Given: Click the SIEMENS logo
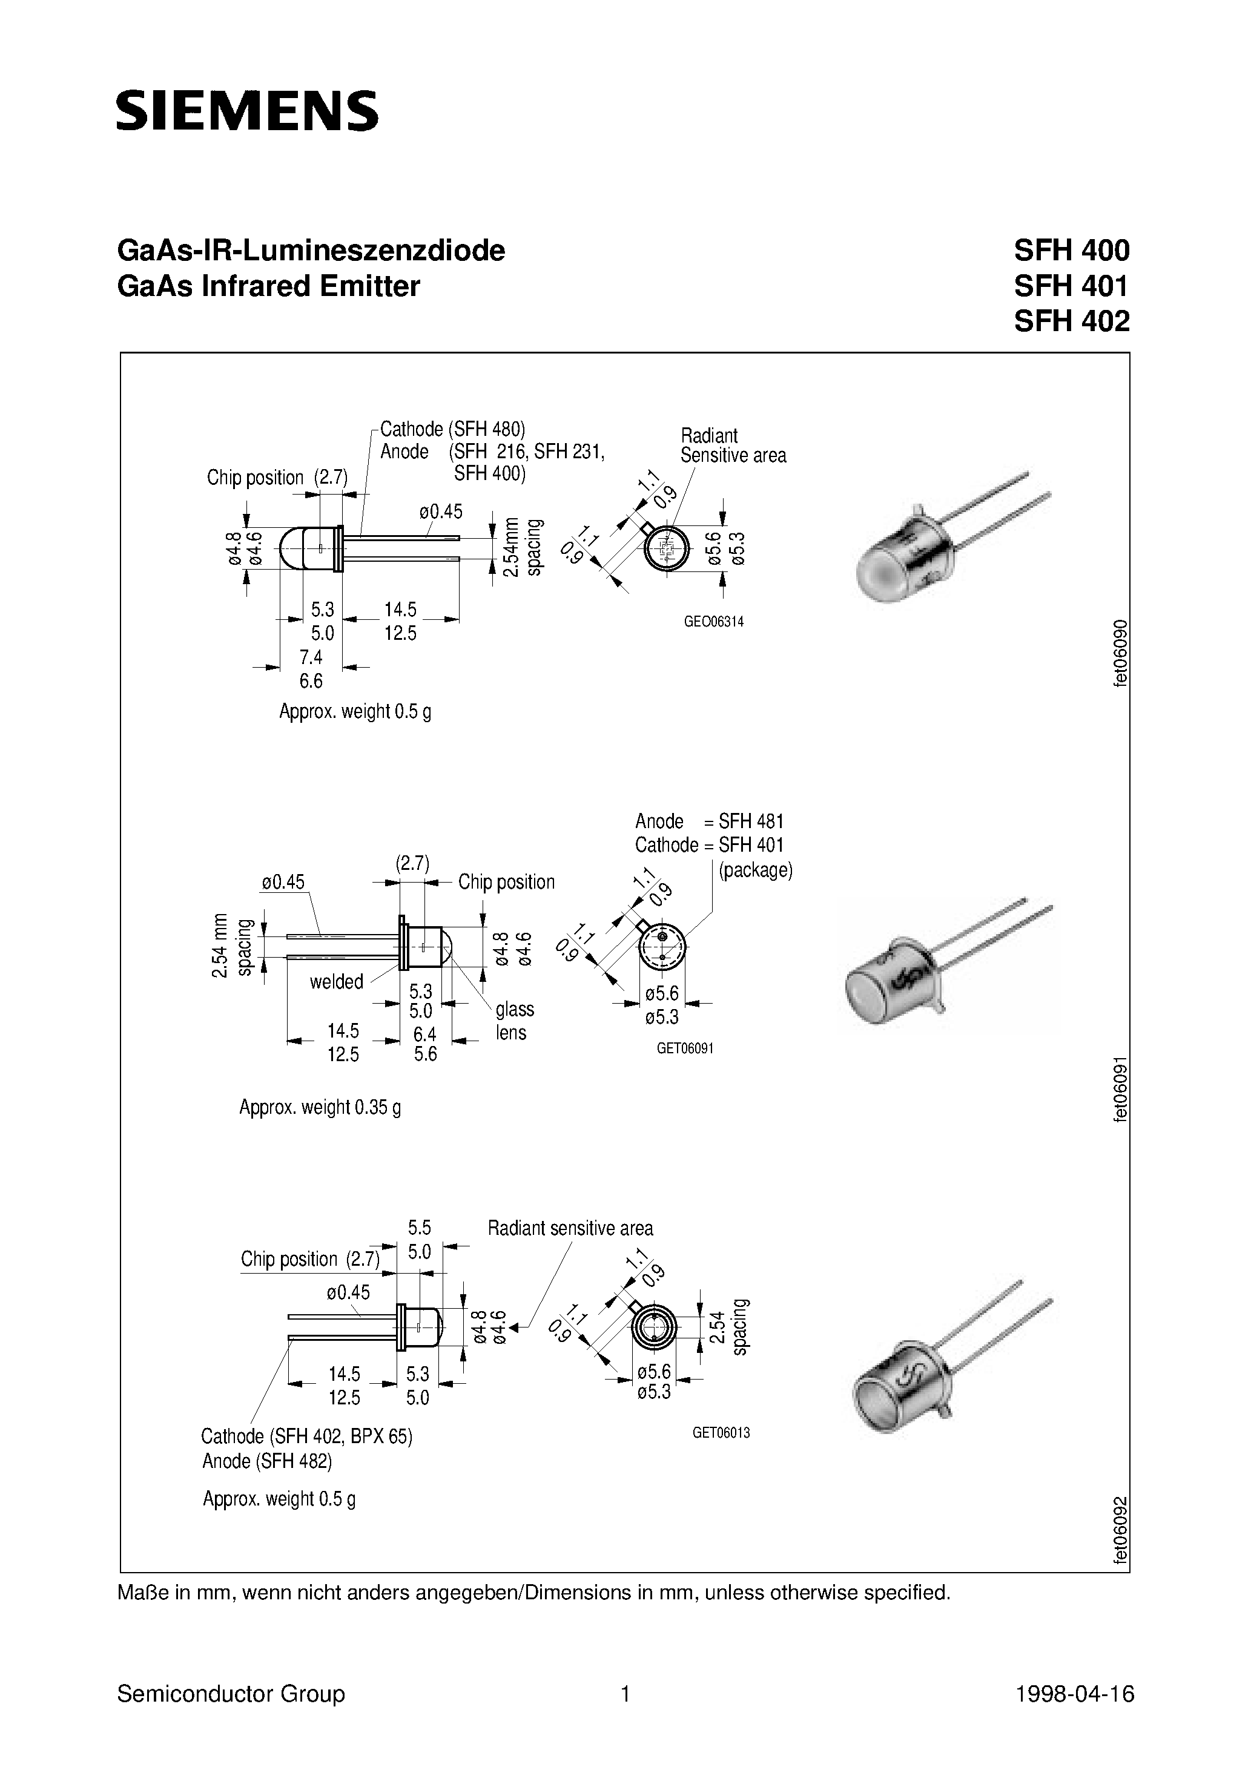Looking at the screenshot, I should click(x=247, y=110).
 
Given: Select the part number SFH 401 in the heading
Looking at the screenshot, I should click(x=1071, y=286).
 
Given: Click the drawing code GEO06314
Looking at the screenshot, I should click(x=713, y=622).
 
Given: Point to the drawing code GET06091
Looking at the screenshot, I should click(x=685, y=1048).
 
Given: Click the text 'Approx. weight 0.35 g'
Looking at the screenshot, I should click(x=320, y=1108).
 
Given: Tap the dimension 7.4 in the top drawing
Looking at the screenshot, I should click(x=311, y=657).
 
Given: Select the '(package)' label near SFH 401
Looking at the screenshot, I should click(x=755, y=870).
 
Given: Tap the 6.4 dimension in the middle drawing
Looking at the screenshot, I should click(x=425, y=1034).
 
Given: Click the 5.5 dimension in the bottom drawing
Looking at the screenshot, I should click(x=420, y=1227).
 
